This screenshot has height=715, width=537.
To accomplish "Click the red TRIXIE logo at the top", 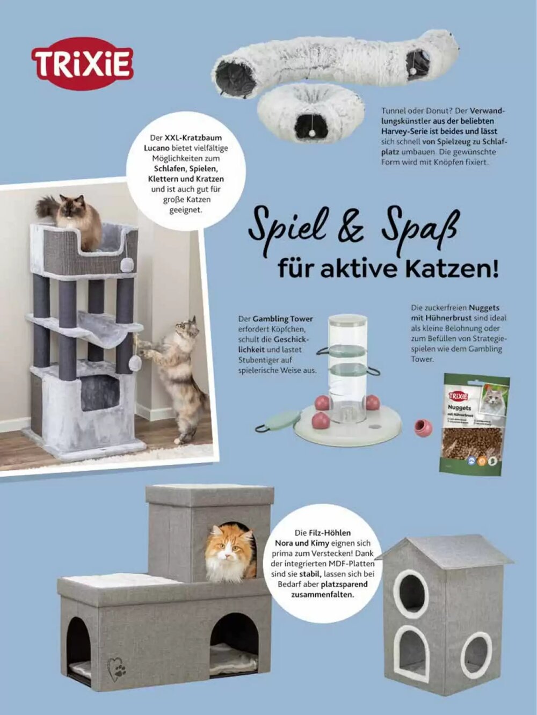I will click(x=82, y=63).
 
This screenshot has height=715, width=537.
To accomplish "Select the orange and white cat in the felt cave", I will click(x=230, y=552).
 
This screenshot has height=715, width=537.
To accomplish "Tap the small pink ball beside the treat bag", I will click(x=423, y=427).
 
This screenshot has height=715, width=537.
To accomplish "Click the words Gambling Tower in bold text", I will click(x=283, y=319).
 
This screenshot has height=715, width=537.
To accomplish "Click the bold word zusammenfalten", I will click(x=322, y=595).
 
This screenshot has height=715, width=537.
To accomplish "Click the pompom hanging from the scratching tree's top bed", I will click(x=127, y=265).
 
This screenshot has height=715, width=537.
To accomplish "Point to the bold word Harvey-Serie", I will click(x=407, y=131).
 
